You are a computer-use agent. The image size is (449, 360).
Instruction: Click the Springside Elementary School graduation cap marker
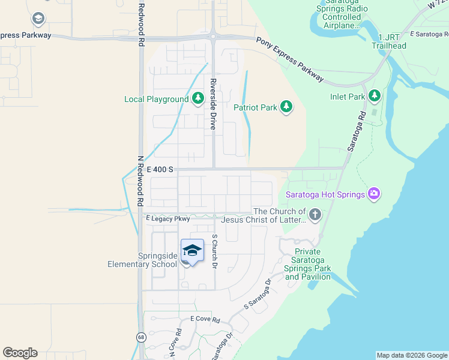(192, 251)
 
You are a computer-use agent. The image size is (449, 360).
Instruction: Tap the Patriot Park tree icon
(287, 107)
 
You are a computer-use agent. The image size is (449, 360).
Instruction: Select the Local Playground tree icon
(197, 99)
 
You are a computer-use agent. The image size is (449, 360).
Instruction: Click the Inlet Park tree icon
(375, 96)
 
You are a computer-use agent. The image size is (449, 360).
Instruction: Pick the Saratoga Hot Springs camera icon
(374, 193)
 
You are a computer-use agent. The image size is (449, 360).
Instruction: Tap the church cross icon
(315, 214)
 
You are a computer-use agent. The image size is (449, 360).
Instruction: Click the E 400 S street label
(160, 170)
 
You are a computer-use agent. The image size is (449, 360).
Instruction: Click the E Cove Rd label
(205, 320)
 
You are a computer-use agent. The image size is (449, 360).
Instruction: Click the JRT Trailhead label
(388, 41)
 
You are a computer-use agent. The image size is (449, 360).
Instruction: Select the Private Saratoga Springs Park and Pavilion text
(308, 264)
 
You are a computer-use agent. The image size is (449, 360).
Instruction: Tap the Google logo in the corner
(20, 353)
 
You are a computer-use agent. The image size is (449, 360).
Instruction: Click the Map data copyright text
(411, 355)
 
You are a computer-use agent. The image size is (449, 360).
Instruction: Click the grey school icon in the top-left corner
(39, 19)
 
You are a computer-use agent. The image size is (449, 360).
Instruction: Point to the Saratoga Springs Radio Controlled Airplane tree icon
(341, 2)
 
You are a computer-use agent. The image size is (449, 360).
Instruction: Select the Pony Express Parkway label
(291, 60)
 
